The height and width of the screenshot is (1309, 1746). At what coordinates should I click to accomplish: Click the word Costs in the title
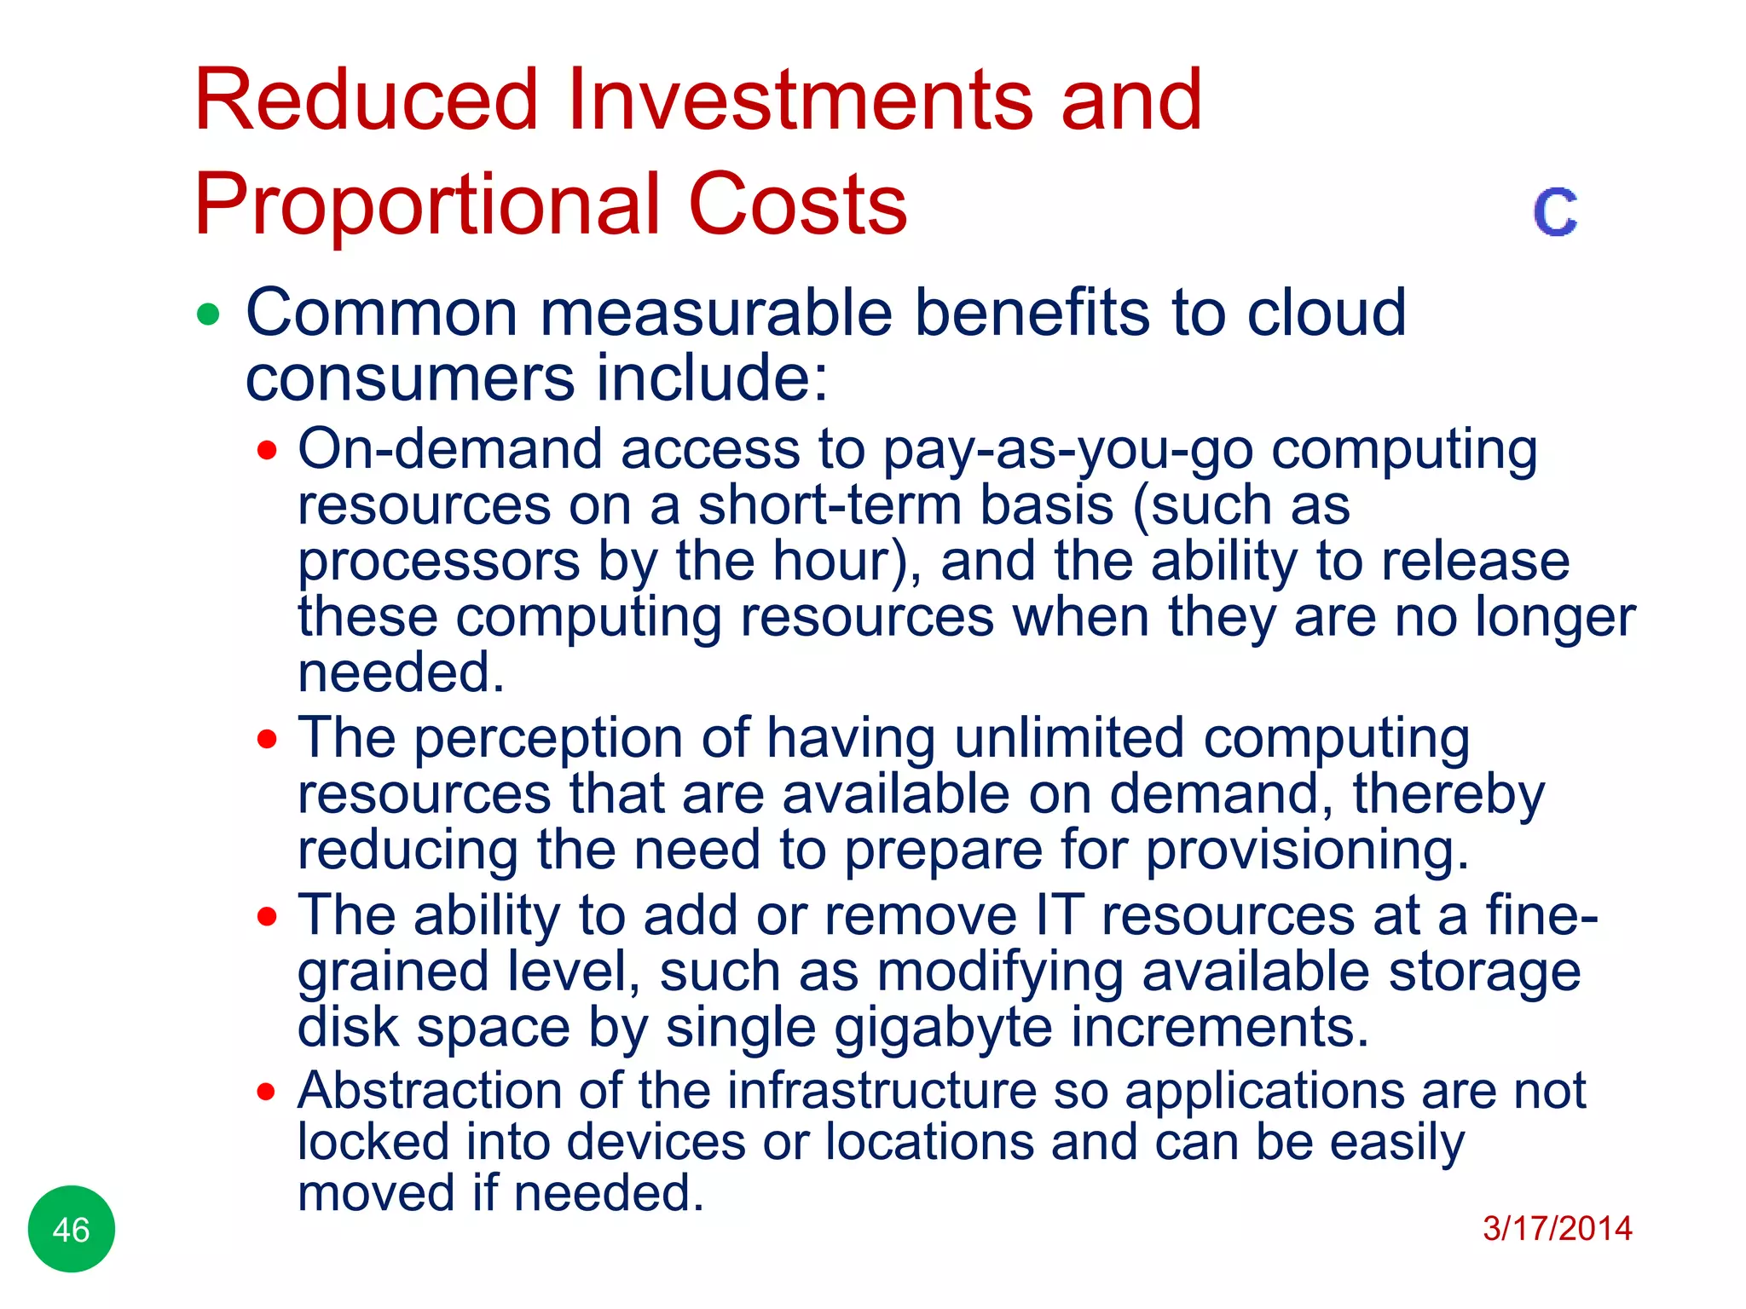[797, 205]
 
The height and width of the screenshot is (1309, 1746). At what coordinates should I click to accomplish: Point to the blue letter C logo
[1555, 212]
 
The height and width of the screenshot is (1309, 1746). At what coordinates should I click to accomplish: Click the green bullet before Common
[208, 314]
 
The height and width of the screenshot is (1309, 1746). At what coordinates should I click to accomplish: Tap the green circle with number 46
[72, 1229]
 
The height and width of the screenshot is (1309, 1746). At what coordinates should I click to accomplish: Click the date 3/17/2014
[1557, 1228]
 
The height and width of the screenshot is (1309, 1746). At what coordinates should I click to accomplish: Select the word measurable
[716, 313]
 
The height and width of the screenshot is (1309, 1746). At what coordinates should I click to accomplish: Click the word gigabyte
[943, 1028]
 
